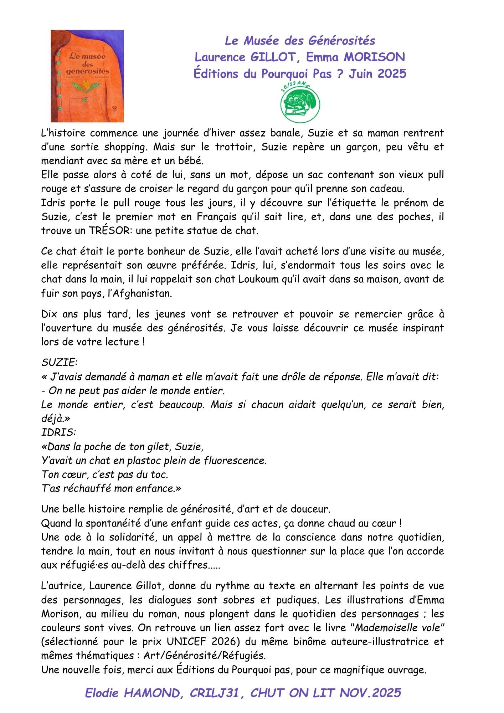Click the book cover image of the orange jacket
pos(87,76)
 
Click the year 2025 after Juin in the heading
pos(392,73)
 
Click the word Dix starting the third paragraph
pos(49,314)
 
